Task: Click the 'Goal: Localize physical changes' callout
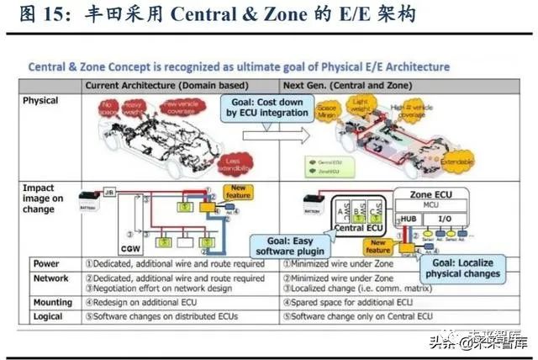(x=463, y=267)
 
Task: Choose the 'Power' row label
(x=46, y=263)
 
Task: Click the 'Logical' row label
(x=48, y=317)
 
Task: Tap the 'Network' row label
(x=50, y=278)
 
